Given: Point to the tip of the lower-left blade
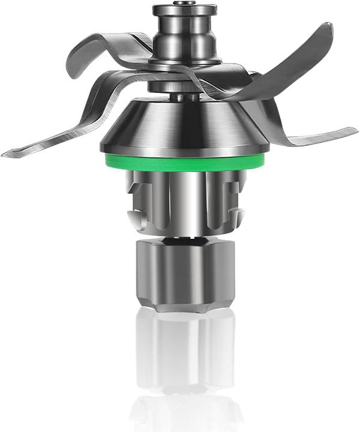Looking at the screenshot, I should click(x=7, y=154).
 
